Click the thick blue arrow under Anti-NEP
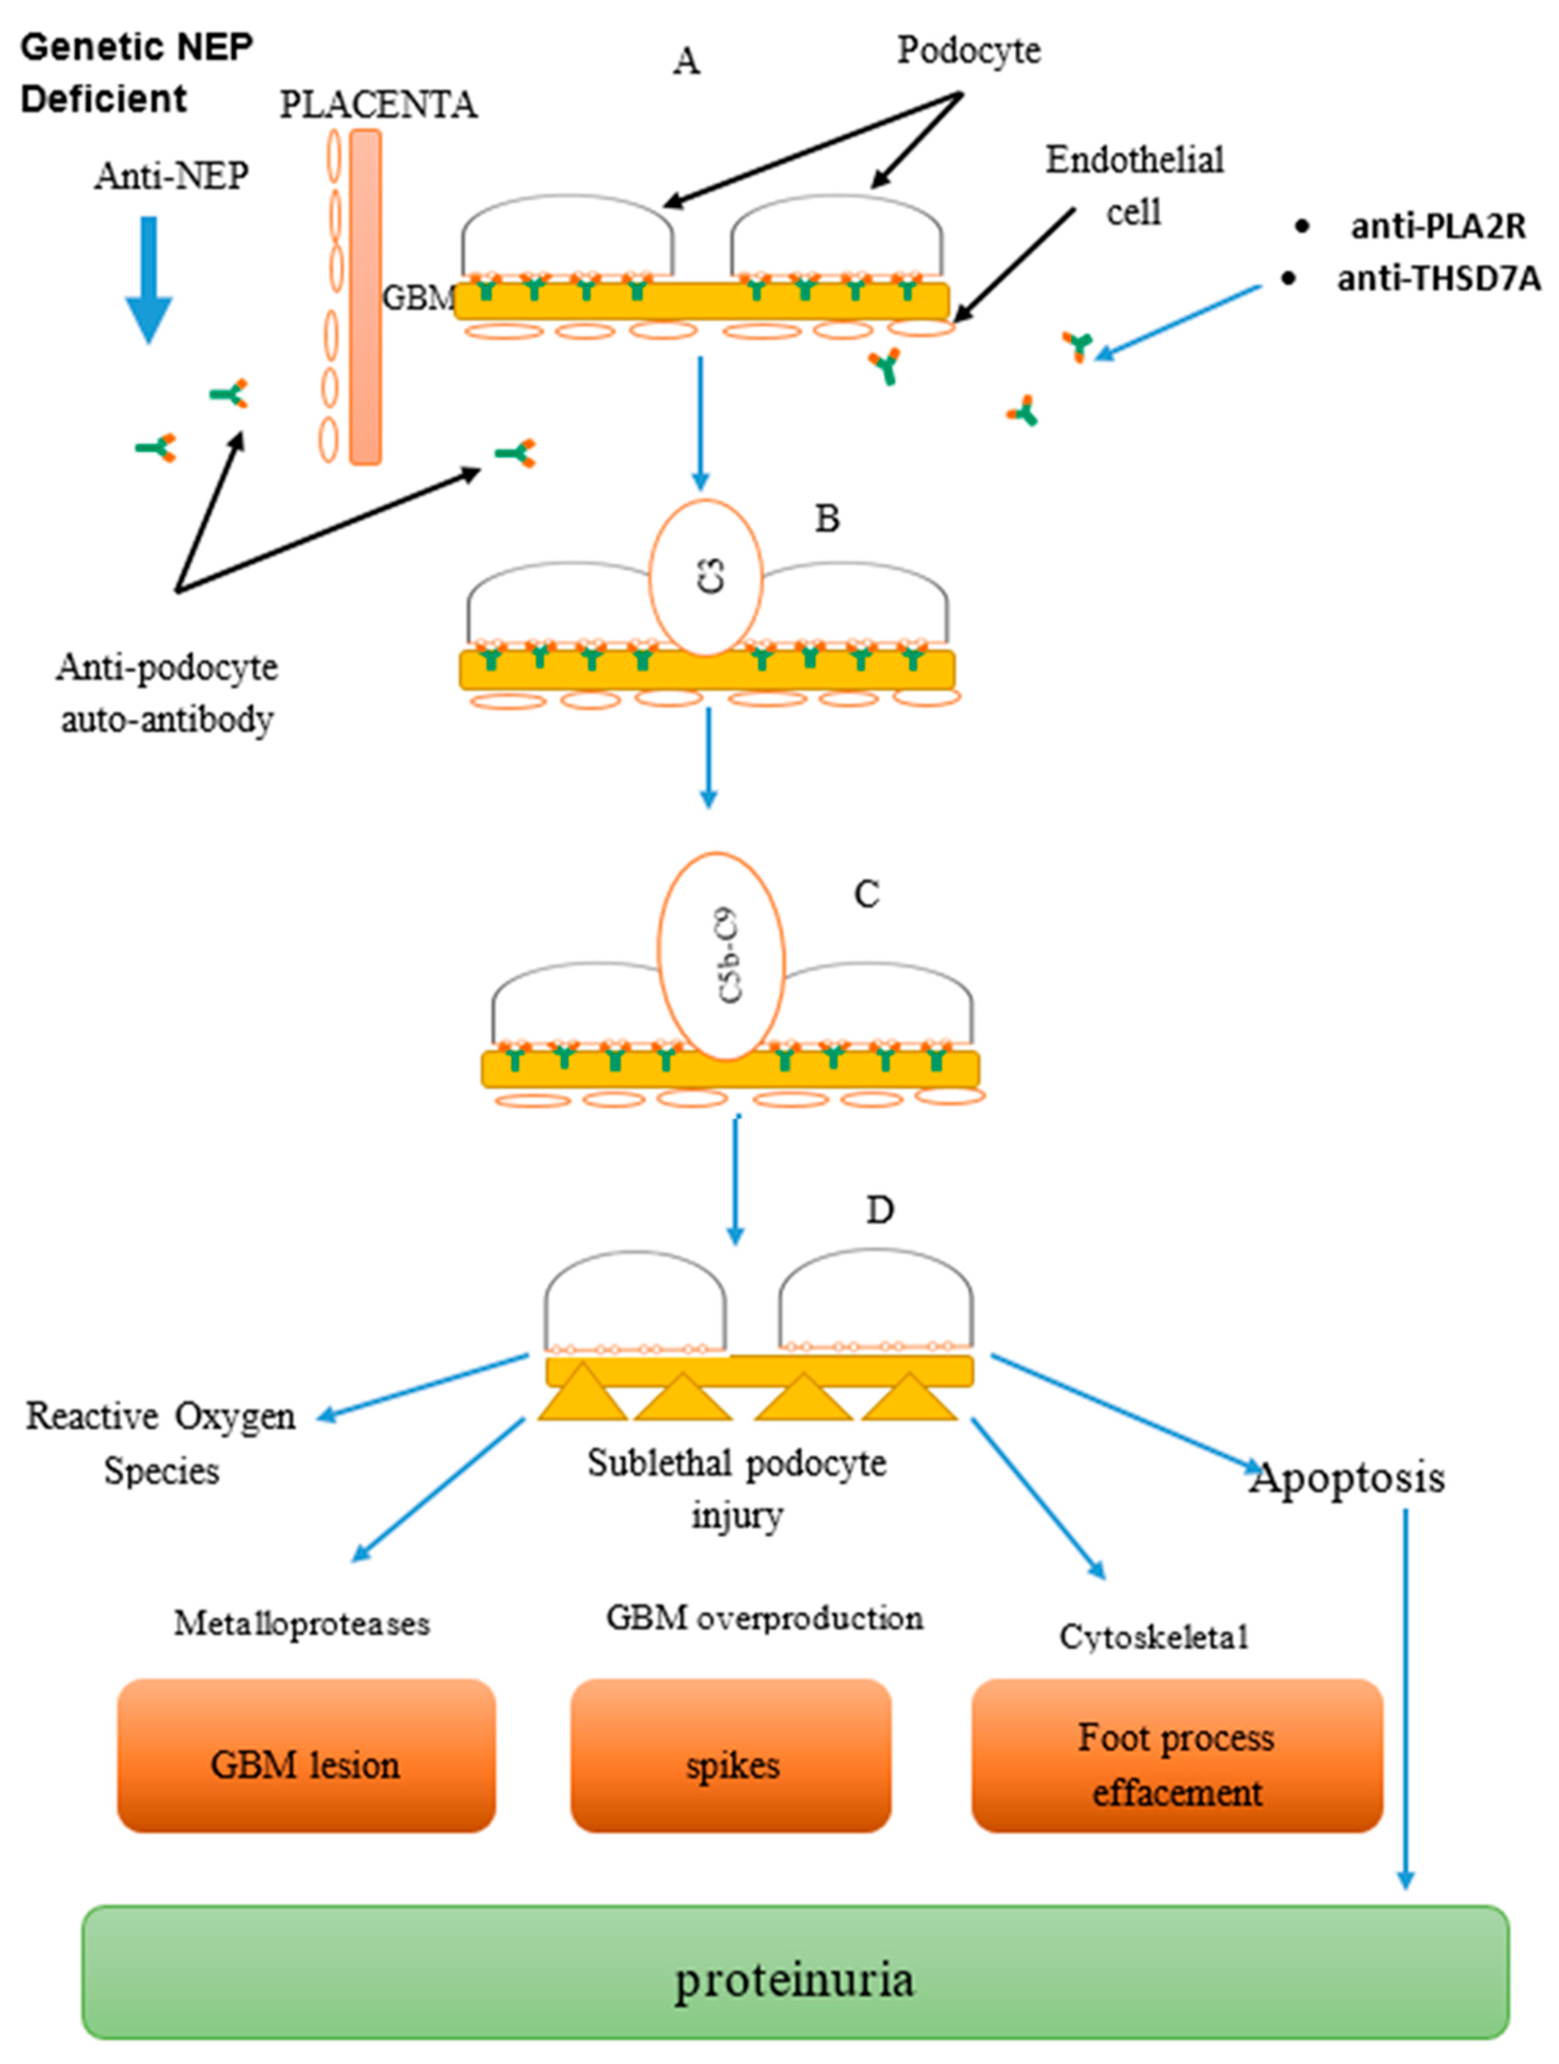coord(149,280)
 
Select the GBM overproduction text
coord(764,1617)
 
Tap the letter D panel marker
coord(880,1210)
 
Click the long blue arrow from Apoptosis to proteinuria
coord(1405,1698)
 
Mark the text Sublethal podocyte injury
coord(736,1488)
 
